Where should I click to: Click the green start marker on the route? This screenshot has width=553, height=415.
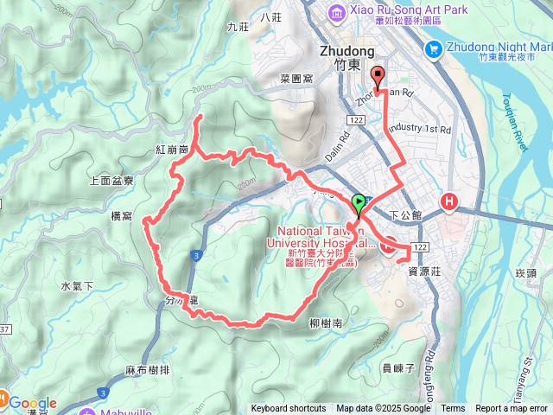point(359,205)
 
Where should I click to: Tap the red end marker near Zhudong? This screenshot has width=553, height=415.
point(378,77)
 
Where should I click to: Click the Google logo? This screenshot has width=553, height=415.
point(33,403)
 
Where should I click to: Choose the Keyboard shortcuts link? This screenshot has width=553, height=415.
point(289,409)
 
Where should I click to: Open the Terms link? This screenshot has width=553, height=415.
point(453,409)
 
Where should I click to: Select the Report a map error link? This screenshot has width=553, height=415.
point(513,409)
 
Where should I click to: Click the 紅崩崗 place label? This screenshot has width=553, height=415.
point(173,150)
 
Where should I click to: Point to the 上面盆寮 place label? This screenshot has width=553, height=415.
point(111,181)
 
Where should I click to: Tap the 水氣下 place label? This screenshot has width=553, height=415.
point(77,286)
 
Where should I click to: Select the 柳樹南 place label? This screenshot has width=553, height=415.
point(325,323)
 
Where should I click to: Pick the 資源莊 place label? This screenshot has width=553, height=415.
point(424,271)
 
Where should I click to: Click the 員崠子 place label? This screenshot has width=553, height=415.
point(399,367)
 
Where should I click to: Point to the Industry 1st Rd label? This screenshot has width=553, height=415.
point(419,129)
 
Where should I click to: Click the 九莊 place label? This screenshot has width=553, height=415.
point(238,28)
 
